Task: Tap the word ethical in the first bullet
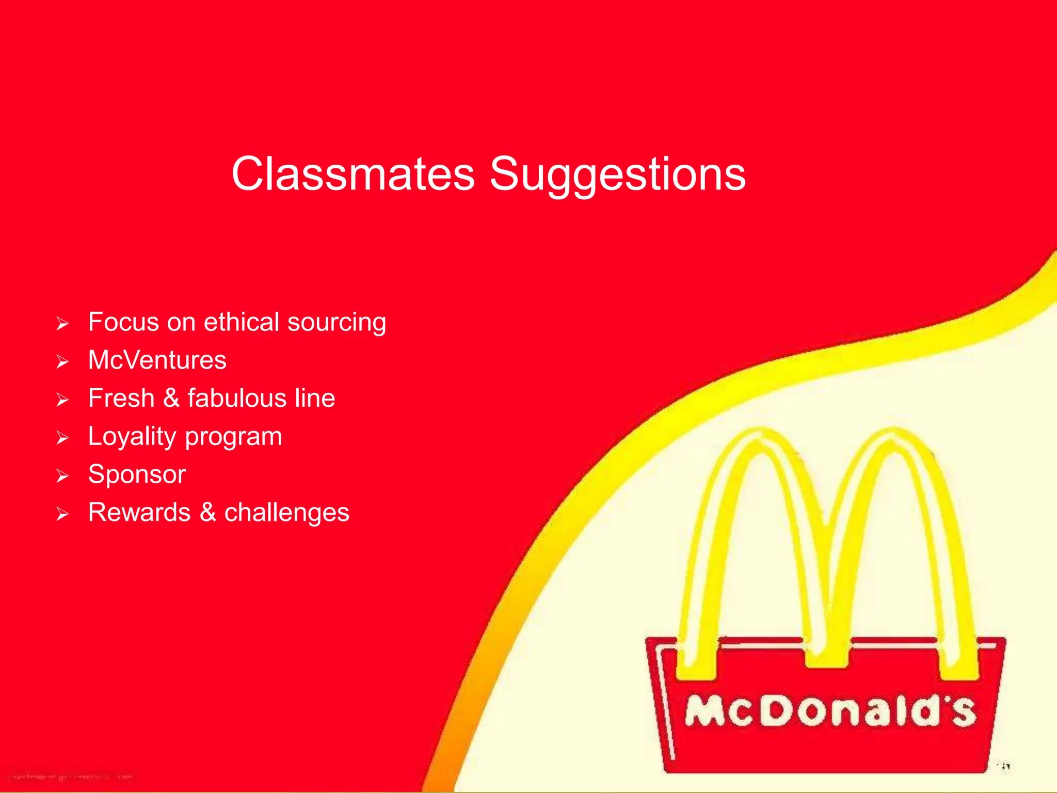point(242,322)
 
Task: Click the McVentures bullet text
point(157,360)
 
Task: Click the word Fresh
point(121,398)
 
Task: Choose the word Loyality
point(132,437)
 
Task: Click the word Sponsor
point(137,474)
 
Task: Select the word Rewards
point(139,513)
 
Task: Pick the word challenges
point(286,513)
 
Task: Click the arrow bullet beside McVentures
point(62,361)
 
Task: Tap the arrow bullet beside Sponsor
point(62,475)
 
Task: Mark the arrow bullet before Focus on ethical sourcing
point(62,324)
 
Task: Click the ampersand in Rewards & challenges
point(207,513)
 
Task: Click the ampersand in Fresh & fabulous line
point(171,398)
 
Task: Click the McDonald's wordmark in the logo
point(830,712)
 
